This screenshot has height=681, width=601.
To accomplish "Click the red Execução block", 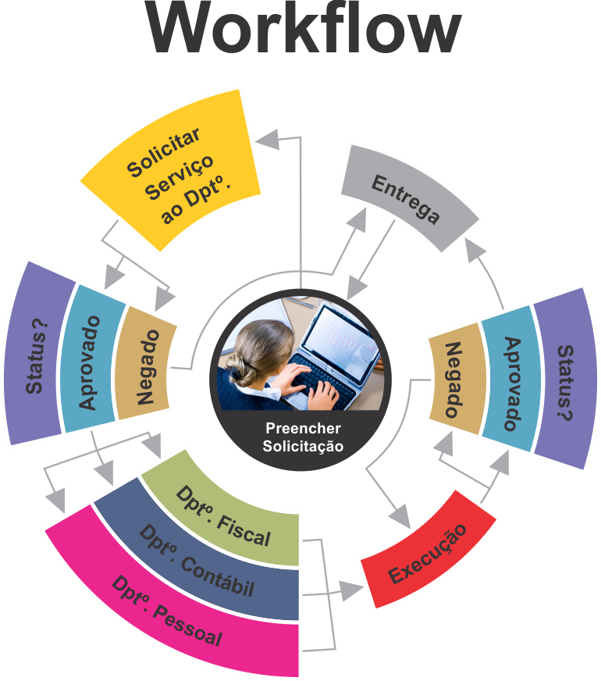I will point(428,553).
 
